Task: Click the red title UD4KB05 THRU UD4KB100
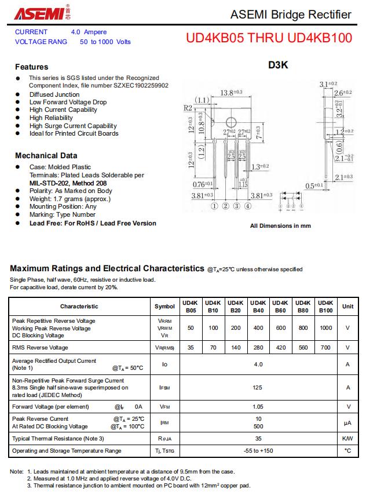coord(269,38)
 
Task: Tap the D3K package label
coord(278,65)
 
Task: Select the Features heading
coord(31,67)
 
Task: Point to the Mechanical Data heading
coord(46,155)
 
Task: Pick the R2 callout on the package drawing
coord(188,108)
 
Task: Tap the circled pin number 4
coord(248,206)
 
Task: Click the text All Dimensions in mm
coord(280,226)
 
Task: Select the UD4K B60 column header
coord(280,306)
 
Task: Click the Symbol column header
coord(164,306)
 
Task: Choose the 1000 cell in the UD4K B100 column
coord(326,328)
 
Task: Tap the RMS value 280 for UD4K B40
coord(258,348)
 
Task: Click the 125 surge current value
coord(258,387)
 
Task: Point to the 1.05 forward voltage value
coord(258,407)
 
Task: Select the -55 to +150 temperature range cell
coord(258,450)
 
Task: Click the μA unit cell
coord(347,423)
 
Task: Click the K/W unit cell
coord(347,439)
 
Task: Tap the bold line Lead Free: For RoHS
coord(93,223)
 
